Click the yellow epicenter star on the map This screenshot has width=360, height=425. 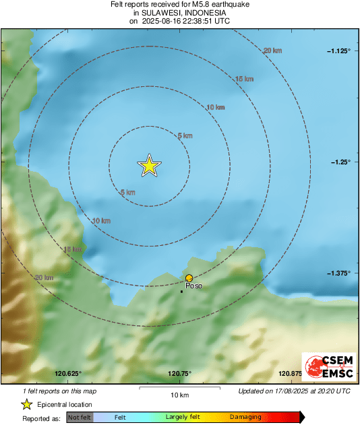coord(149,165)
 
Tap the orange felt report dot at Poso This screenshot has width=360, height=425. coord(189,277)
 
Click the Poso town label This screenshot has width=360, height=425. coord(193,286)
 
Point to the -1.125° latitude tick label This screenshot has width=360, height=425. coord(338,51)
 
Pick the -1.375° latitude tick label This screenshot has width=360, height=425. coord(338,273)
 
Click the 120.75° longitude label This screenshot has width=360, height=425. coord(179,374)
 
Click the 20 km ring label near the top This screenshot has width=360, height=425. coord(272,51)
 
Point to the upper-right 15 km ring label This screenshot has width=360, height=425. coord(244,79)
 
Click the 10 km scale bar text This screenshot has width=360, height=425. coord(179,395)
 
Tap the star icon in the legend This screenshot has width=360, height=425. coord(26,404)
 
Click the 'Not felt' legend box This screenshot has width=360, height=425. coord(80,418)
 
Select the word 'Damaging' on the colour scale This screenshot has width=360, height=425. coord(245,418)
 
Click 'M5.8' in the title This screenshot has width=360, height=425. coord(193,4)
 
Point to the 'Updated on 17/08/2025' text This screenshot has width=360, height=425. coord(295,391)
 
